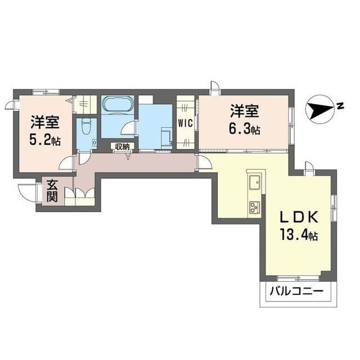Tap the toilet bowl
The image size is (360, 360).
coord(85,127)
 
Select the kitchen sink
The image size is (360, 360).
coord(254,181)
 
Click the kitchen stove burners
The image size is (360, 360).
coord(254,206)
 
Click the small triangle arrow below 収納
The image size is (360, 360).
coord(128,156)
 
